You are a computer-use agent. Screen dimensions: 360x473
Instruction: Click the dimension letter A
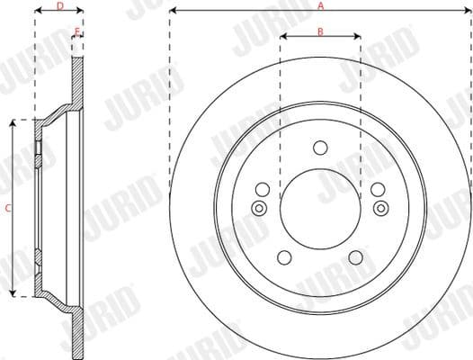coord(320,5)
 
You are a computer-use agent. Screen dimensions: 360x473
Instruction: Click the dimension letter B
coord(320,31)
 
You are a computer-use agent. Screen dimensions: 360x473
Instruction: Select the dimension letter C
coord(7,208)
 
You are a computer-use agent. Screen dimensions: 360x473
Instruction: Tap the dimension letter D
coord(59,5)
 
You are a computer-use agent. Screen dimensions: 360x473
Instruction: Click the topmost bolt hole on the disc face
coord(320,148)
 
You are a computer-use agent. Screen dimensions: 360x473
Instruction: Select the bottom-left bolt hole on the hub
coord(285,258)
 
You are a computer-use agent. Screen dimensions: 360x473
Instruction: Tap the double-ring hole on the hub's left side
coord(259,209)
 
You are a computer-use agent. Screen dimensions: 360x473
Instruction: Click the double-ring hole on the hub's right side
coord(380,209)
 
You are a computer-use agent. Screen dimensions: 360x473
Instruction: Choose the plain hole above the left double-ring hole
coord(263,190)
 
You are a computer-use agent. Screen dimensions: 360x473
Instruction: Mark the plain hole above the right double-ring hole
coord(378,190)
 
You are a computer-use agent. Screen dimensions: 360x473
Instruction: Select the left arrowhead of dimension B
coord(282,38)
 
